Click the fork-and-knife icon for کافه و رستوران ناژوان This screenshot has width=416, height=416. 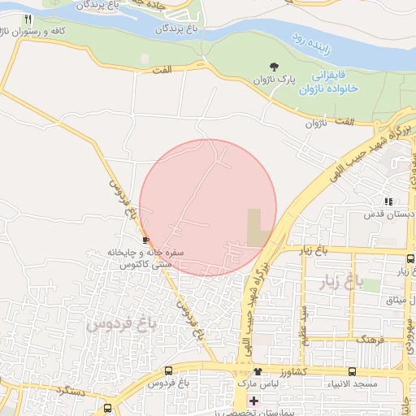click(x=28, y=19)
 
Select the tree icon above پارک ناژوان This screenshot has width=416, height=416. click(x=274, y=67)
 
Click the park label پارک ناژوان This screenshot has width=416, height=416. click(x=275, y=80)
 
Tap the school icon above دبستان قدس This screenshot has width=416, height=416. click(x=388, y=201)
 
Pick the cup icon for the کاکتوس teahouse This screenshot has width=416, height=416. click(x=145, y=240)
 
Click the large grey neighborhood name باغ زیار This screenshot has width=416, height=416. click(x=340, y=284)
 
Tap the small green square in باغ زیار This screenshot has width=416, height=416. click(x=370, y=284)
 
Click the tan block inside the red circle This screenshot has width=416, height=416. click(x=258, y=227)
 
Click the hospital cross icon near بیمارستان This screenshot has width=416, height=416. click(x=254, y=401)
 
